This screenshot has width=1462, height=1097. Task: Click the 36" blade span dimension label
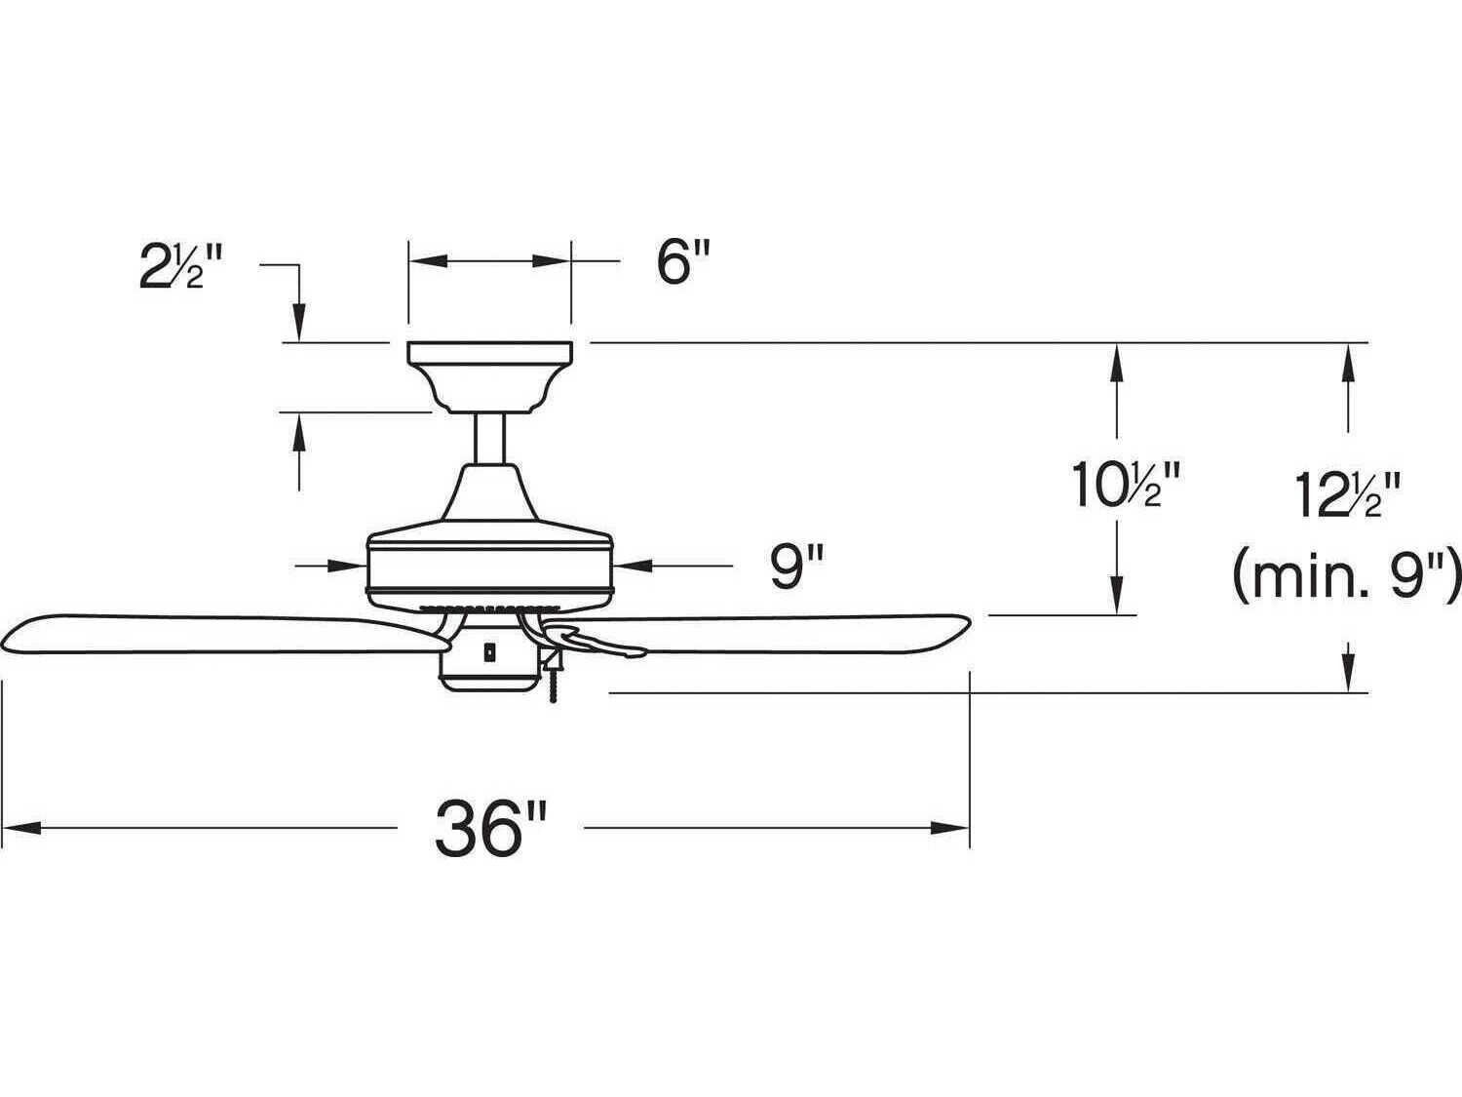tap(489, 828)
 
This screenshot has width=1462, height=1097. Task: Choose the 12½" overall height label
tap(1349, 495)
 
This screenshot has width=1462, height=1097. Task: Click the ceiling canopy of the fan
tap(489, 374)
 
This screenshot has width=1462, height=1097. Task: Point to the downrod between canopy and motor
tap(488, 438)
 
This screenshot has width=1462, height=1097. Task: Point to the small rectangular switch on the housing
tap(488, 648)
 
